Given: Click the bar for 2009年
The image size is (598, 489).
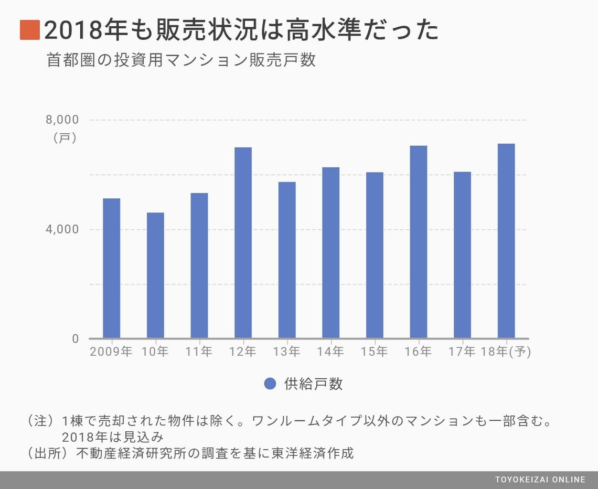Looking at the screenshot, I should click(111, 268).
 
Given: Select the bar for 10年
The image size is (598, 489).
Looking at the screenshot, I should click(155, 275).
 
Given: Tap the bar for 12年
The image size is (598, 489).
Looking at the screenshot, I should click(243, 242).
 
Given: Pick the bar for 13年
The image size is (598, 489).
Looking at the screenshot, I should click(287, 260).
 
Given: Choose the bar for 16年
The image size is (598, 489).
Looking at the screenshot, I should click(418, 242).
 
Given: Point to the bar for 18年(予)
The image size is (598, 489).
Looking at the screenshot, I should click(506, 241).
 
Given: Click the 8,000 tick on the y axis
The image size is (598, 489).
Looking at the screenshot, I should click(62, 120).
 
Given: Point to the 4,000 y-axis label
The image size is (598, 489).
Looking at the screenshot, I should click(62, 229).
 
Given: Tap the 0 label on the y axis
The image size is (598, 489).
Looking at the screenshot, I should click(75, 339).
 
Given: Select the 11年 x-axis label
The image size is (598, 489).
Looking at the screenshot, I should click(199, 352).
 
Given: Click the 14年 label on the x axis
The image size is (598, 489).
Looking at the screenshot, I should click(330, 352).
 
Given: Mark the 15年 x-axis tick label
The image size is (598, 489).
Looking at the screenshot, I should click(375, 352).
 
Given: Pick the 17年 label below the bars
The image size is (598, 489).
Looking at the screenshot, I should click(462, 352).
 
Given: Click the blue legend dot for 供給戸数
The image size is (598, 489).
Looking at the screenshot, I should click(270, 384).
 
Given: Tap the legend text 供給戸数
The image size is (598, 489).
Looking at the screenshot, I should click(313, 384).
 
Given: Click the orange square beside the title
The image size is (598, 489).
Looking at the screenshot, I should click(30, 30).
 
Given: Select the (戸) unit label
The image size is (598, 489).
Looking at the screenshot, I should click(65, 138).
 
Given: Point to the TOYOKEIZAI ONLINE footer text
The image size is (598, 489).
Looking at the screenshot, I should click(540, 480).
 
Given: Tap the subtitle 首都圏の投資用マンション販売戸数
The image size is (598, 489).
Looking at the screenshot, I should click(181, 60).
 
